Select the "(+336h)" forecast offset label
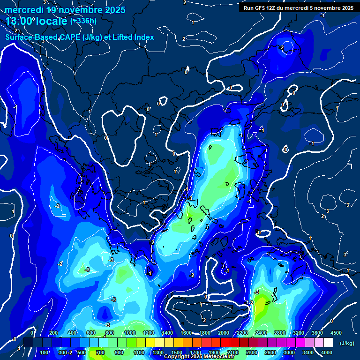pyautogui.click(x=83, y=21)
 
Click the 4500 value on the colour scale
pyautogui.click(x=336, y=333)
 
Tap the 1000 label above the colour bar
pyautogui.click(x=130, y=333)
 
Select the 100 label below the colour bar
pyautogui.click(x=45, y=352)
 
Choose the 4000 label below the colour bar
pyautogui.click(x=327, y=352)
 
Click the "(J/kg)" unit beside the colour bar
pyautogui.click(x=347, y=344)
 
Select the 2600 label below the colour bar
pyautogui.click(x=271, y=352)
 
